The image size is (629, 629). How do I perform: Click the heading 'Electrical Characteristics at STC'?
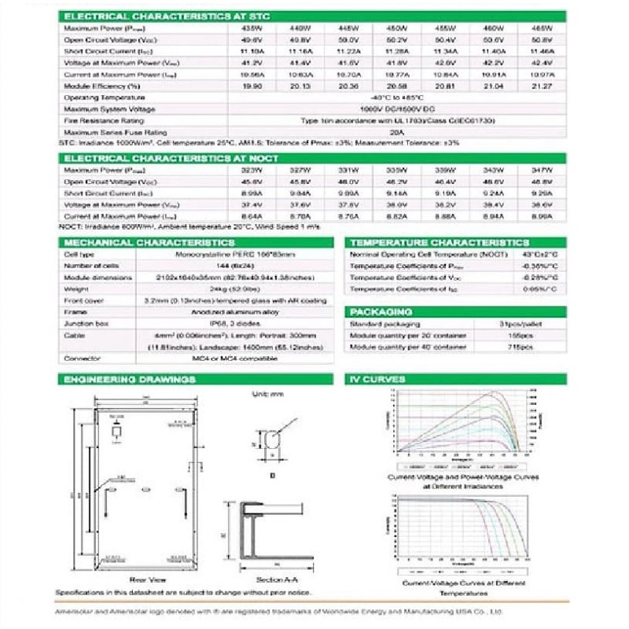tap(145, 16)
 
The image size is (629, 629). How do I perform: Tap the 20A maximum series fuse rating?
tap(395, 133)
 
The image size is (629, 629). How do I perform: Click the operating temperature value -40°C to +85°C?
tap(395, 97)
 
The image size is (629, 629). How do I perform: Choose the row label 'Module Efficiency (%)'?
tap(102, 86)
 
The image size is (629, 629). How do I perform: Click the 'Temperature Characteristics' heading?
tap(440, 243)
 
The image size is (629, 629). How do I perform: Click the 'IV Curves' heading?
tap(378, 379)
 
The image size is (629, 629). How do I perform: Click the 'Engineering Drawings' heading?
tap(130, 379)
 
